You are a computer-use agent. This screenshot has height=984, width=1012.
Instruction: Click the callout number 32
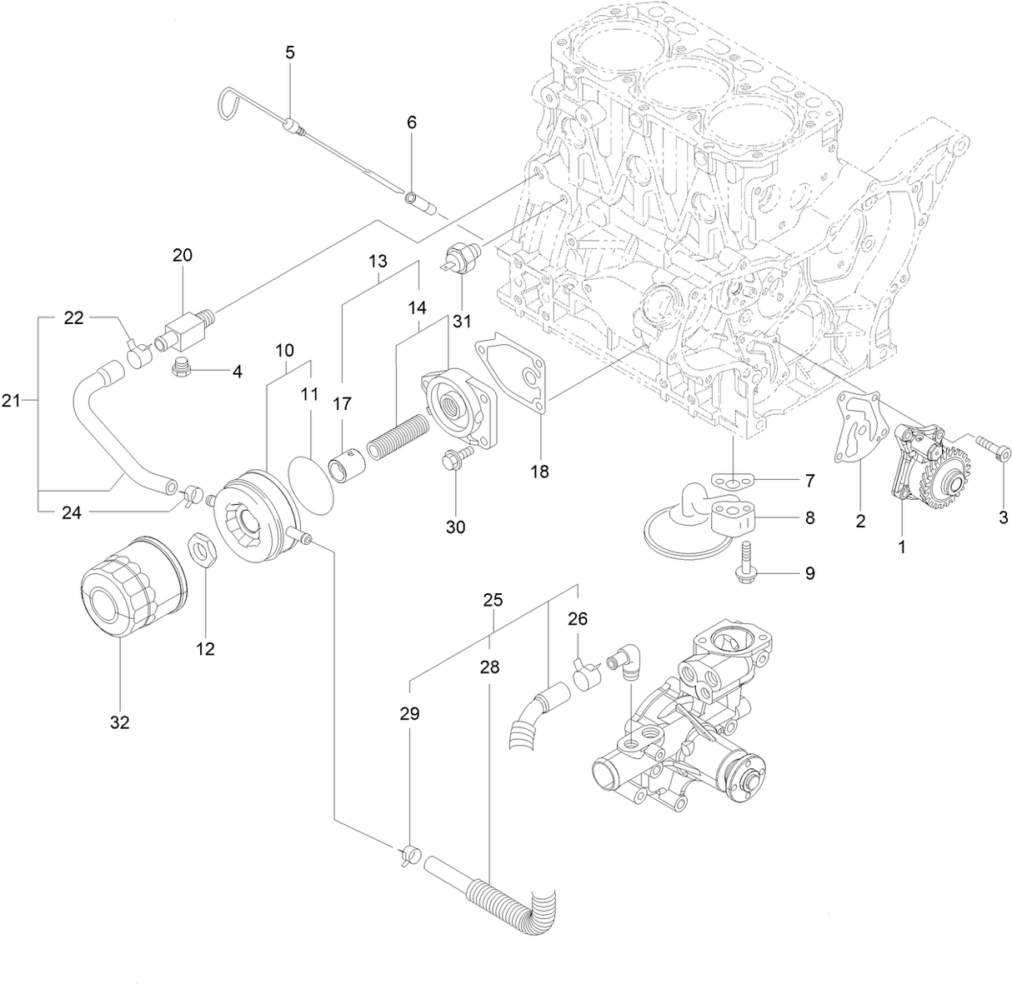click(x=120, y=722)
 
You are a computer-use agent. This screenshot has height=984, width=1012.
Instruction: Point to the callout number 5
click(x=290, y=52)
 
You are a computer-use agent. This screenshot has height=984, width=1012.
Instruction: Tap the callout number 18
click(x=539, y=471)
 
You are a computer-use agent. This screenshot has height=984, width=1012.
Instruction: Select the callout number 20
click(x=183, y=255)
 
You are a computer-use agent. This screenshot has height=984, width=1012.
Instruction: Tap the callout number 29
click(x=409, y=714)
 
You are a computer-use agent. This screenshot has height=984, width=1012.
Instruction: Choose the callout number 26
click(x=578, y=619)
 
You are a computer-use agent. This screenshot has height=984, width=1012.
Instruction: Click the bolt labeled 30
click(x=455, y=457)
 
